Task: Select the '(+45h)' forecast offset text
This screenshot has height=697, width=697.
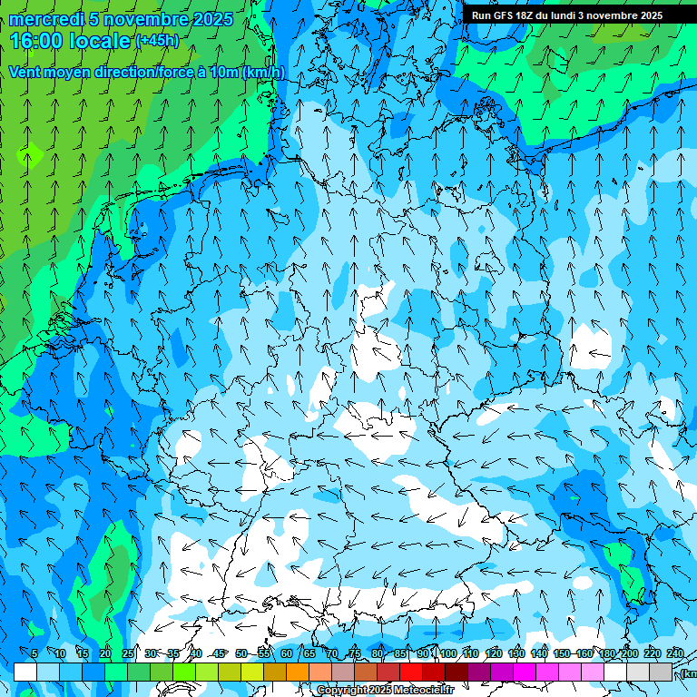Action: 156,40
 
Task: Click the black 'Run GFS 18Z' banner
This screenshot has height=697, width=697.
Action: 566,15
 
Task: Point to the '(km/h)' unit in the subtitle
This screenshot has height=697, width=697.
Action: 263,72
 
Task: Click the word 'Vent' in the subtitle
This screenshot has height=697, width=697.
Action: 25,72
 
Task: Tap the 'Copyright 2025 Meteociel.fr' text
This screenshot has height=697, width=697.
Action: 385,691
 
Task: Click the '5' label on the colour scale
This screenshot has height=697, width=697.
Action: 34,653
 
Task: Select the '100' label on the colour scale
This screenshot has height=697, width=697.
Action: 447,653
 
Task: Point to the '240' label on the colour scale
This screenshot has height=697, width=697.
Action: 674,653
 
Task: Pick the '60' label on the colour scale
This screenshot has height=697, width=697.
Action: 287,653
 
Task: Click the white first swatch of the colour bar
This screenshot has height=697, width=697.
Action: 25,672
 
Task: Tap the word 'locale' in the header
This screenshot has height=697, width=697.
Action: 100,40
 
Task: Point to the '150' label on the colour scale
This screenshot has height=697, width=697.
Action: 561,653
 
